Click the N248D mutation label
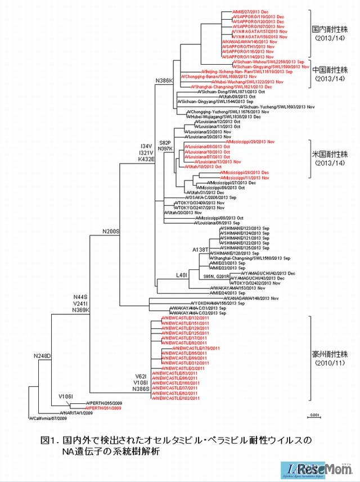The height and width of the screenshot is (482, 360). pyautogui.click(x=42, y=356)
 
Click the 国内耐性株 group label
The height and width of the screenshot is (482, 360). pyautogui.click(x=330, y=28)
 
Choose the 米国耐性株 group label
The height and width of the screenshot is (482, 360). pyautogui.click(x=330, y=154)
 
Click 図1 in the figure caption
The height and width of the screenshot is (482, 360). pyautogui.click(x=48, y=439)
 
